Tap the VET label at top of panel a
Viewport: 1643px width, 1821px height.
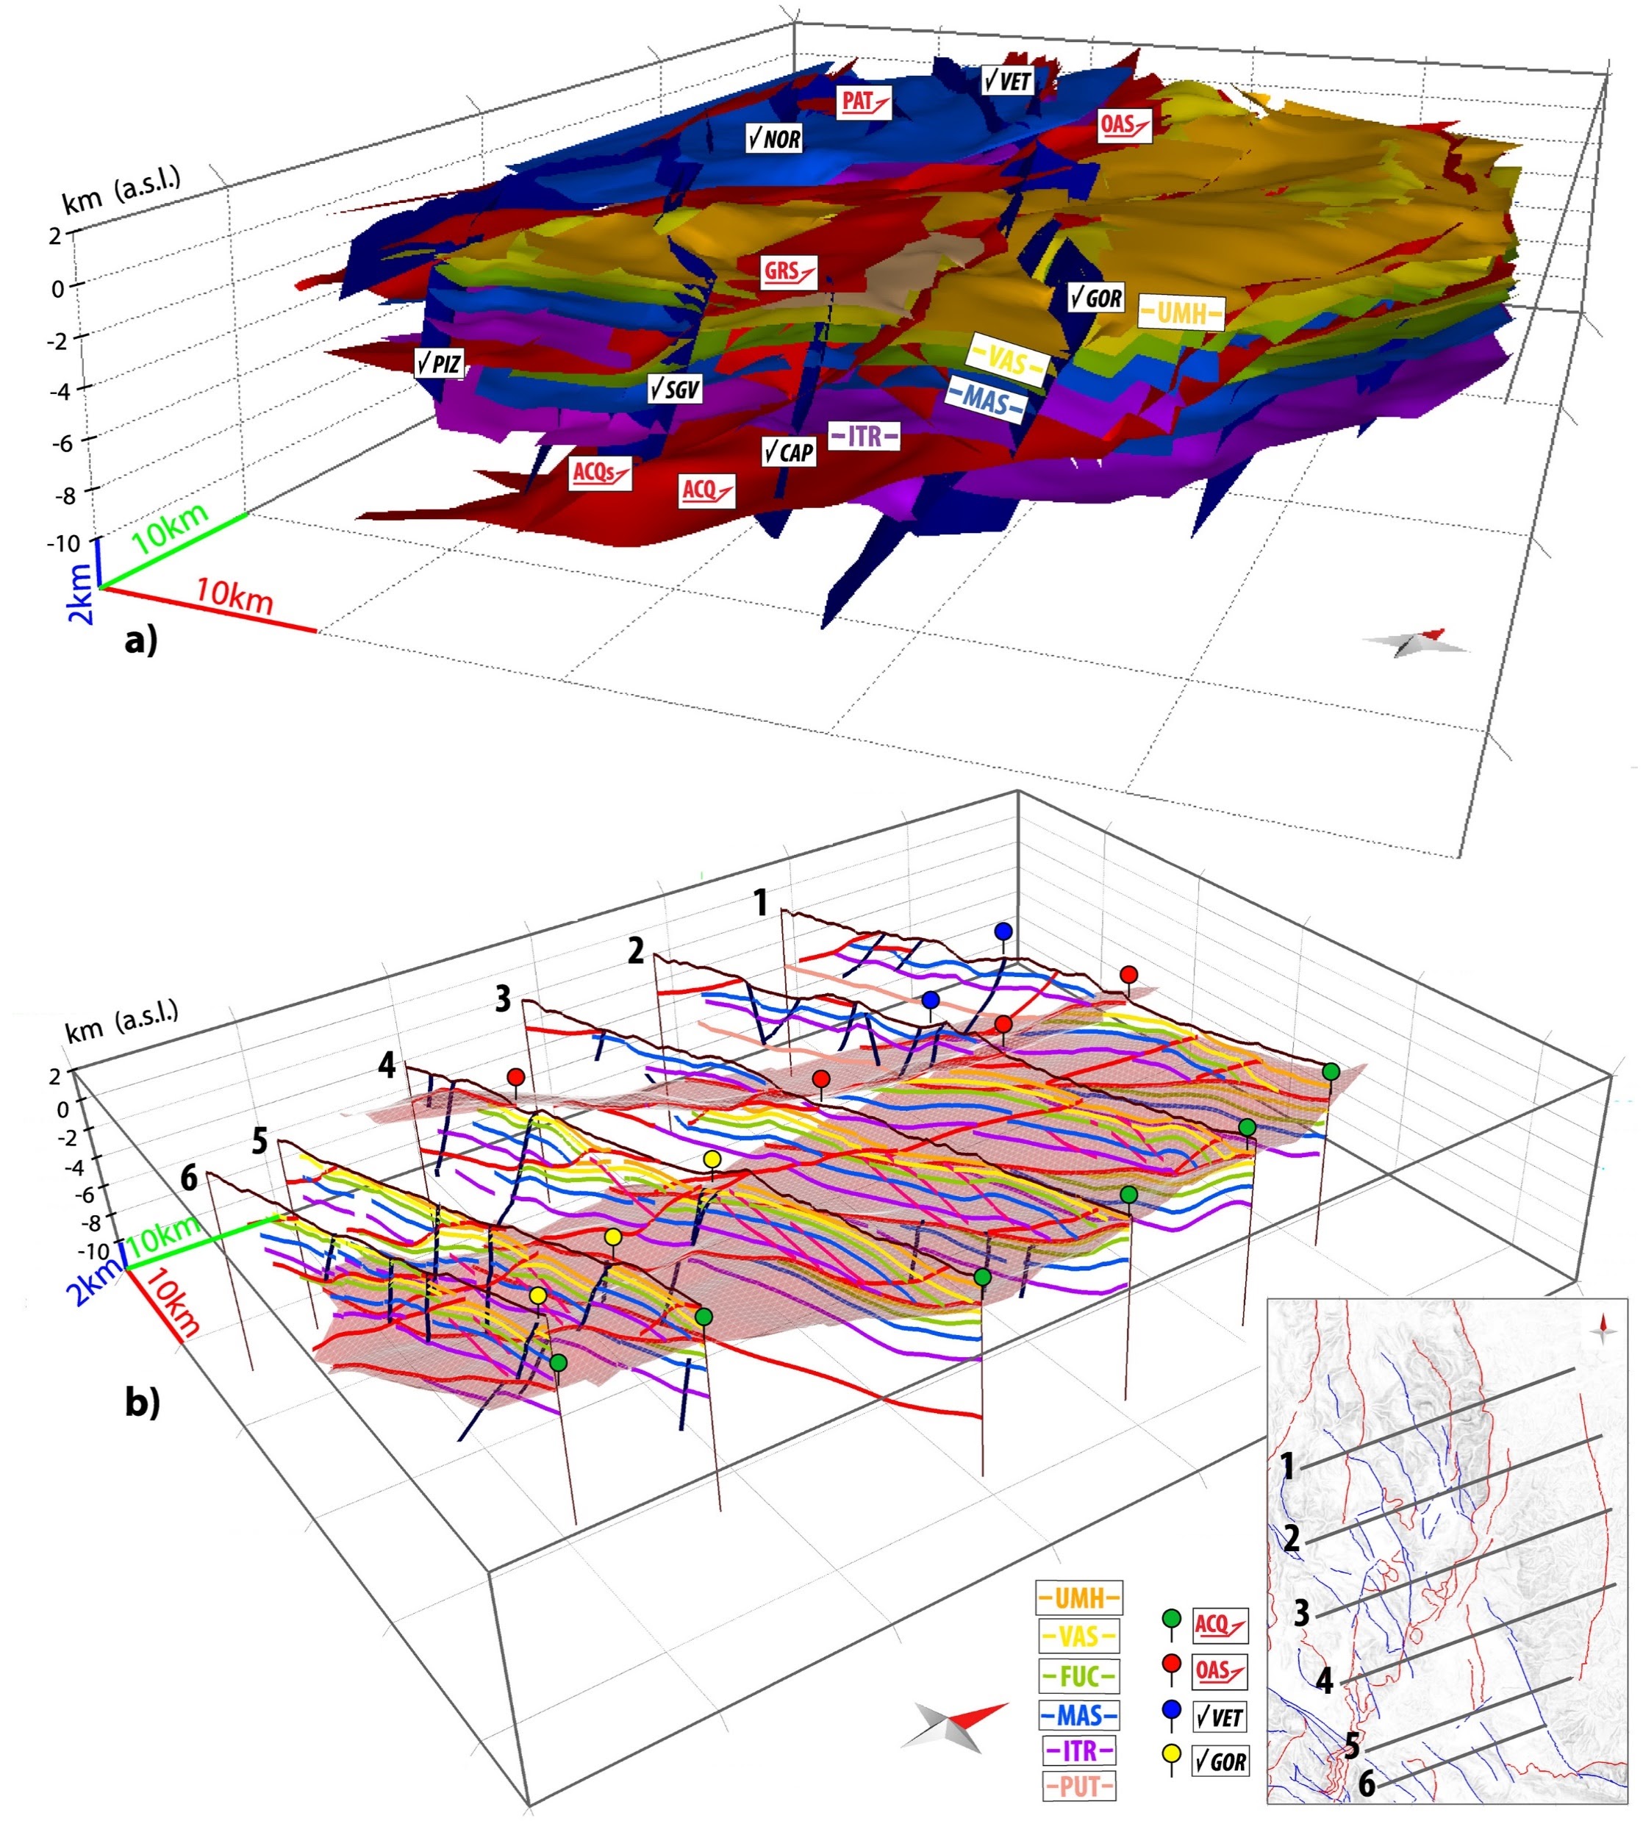click(x=1007, y=80)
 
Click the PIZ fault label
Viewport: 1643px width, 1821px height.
click(x=439, y=363)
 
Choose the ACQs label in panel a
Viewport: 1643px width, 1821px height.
click(x=599, y=471)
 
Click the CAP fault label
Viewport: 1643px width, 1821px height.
click(x=788, y=451)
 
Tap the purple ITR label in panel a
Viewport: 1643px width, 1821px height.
click(x=864, y=436)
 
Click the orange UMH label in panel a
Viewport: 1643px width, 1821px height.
click(x=1181, y=312)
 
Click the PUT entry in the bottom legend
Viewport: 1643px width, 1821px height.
click(x=1078, y=1786)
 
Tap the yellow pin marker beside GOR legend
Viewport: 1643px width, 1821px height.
click(x=1172, y=1754)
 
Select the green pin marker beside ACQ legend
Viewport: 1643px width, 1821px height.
click(x=1172, y=1618)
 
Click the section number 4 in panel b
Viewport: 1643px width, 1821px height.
click(x=387, y=1065)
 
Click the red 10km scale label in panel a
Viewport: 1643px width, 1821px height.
click(x=235, y=596)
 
